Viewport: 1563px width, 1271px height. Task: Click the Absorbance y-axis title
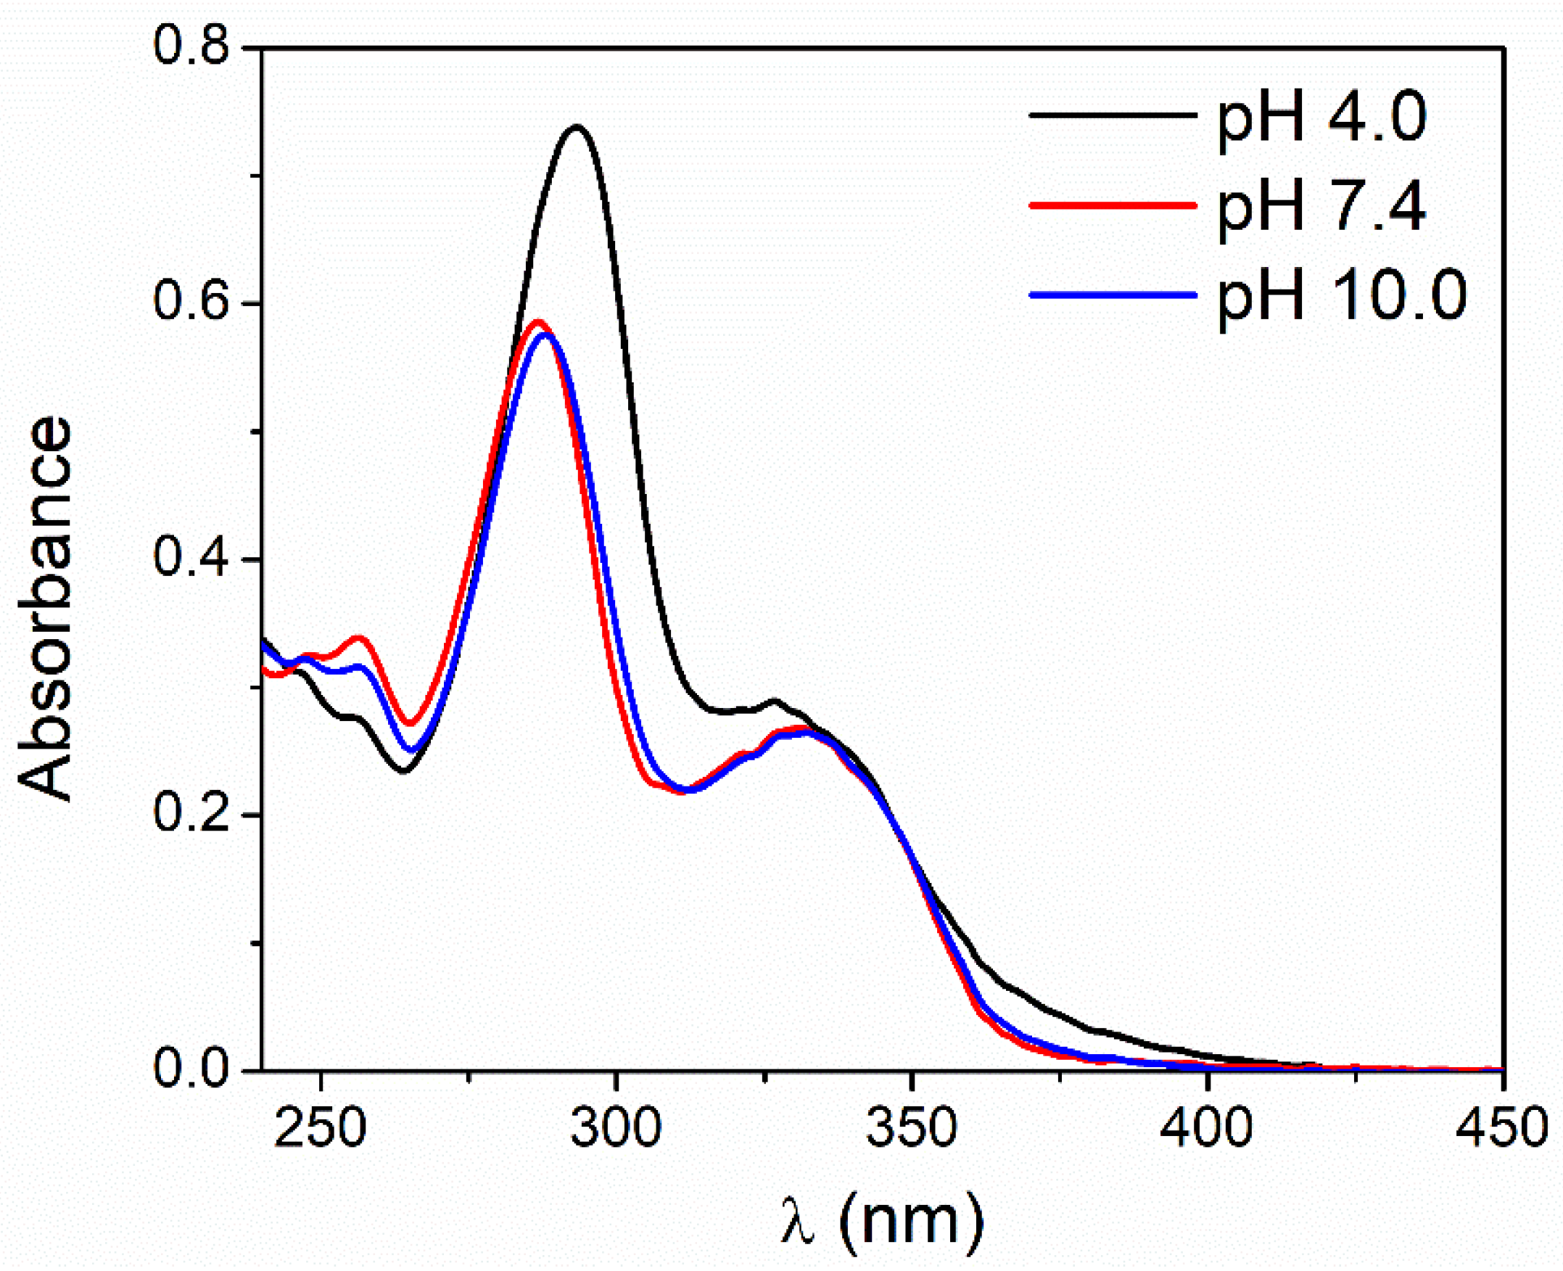point(46,609)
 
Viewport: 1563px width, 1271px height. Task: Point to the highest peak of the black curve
point(577,128)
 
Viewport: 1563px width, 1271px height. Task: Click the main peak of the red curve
point(539,321)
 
